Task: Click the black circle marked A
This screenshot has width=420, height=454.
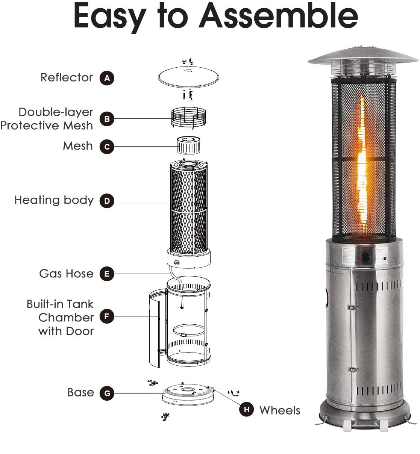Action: click(107, 78)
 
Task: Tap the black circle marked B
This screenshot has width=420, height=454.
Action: click(107, 119)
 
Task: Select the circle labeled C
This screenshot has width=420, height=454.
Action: click(107, 147)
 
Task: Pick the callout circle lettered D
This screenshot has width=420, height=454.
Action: click(107, 201)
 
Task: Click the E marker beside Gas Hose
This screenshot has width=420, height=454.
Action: click(107, 274)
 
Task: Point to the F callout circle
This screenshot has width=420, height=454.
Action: click(107, 316)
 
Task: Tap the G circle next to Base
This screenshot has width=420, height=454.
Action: click(107, 393)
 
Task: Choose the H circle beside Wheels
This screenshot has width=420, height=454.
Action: click(246, 409)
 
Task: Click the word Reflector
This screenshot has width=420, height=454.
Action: click(67, 77)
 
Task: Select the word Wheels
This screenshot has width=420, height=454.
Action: click(279, 410)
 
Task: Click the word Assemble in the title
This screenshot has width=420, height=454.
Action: click(278, 15)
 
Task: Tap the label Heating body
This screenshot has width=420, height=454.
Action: click(54, 200)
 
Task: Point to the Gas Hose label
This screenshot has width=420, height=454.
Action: click(66, 274)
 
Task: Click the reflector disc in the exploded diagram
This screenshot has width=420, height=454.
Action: click(188, 77)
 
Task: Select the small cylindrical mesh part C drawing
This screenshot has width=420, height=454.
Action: click(188, 145)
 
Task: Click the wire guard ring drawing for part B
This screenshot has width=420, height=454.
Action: click(188, 118)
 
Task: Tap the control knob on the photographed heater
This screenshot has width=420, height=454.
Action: click(365, 256)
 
